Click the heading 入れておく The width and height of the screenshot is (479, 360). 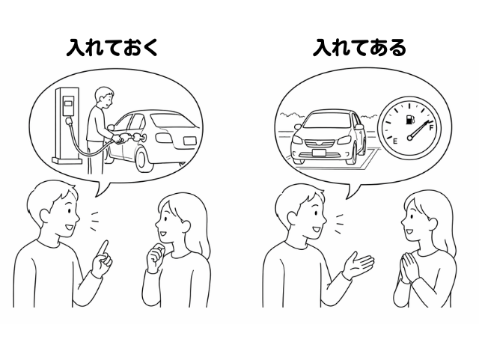(112, 48)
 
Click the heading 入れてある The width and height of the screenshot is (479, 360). (359, 48)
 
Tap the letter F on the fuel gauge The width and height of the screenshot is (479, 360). (432, 127)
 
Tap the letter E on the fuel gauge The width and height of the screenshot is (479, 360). (394, 141)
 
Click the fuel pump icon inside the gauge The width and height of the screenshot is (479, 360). (409, 120)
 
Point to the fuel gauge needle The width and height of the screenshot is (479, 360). (420, 130)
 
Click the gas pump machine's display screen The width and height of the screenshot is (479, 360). (69, 102)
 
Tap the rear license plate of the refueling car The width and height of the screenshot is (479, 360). (189, 140)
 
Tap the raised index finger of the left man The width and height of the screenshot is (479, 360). (105, 248)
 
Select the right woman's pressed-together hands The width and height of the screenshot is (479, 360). (409, 266)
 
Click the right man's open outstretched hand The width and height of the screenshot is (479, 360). (358, 265)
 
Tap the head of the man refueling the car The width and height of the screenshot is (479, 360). (104, 97)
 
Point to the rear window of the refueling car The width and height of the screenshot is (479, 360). (171, 120)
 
